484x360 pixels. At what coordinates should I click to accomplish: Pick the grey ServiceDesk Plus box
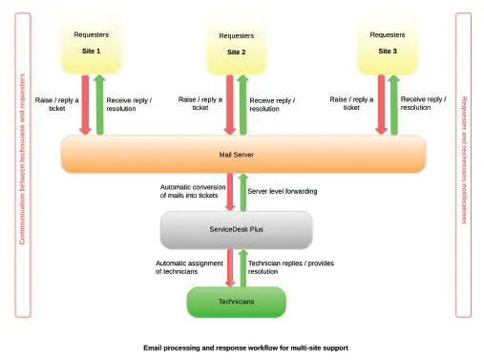(235, 230)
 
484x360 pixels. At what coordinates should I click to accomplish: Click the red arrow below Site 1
(85, 105)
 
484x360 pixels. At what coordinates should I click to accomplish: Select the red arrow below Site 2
(229, 105)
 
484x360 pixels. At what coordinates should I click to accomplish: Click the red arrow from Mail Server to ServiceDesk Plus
(229, 191)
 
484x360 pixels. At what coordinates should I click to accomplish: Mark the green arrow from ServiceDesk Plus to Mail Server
(242, 191)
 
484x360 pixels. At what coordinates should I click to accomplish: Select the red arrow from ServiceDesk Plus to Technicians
(229, 267)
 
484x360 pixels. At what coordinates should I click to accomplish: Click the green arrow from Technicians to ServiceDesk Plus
(242, 267)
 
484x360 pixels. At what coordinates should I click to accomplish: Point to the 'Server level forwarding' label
(283, 191)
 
